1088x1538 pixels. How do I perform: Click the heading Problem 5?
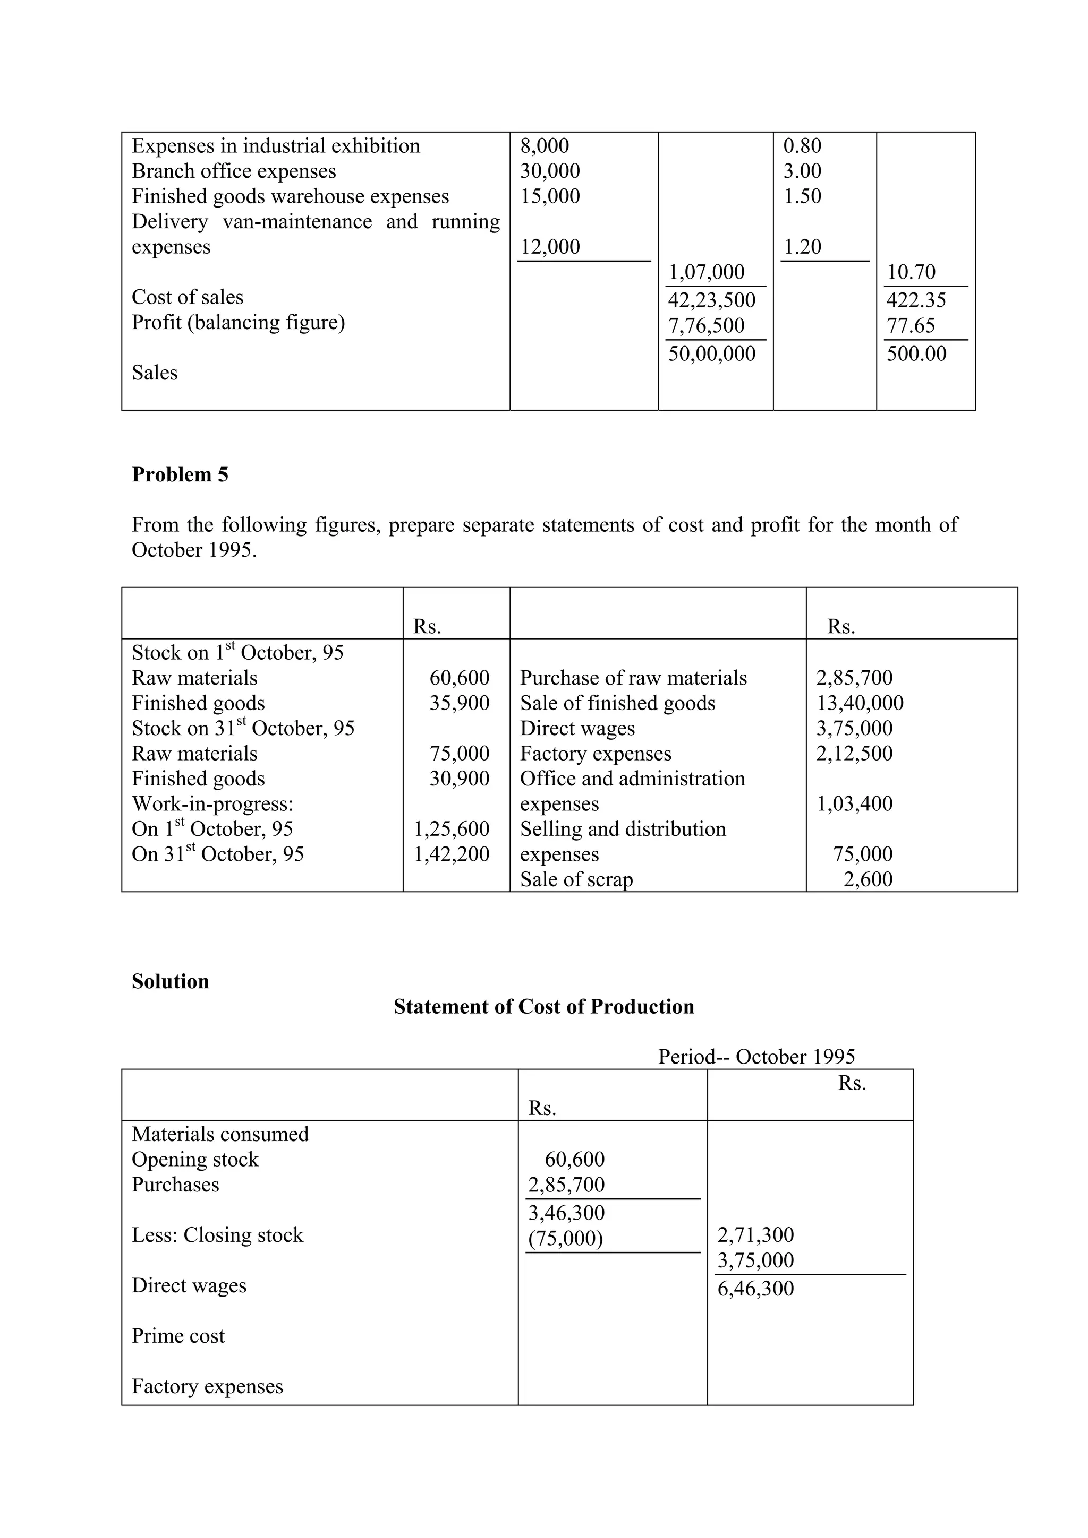[x=180, y=475]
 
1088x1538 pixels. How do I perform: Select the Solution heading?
[x=171, y=982]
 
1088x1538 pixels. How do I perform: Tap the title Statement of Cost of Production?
[x=543, y=1007]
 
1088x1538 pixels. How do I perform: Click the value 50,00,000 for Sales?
[x=711, y=353]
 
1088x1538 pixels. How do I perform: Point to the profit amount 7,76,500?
[x=707, y=325]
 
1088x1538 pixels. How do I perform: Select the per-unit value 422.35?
[x=916, y=300]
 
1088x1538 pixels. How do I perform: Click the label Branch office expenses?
[x=233, y=171]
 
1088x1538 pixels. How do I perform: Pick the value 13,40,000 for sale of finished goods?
[x=860, y=703]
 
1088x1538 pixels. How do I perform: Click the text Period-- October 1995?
[x=756, y=1057]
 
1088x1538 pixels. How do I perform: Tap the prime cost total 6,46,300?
[x=755, y=1289]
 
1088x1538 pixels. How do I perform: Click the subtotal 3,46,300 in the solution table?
[x=566, y=1213]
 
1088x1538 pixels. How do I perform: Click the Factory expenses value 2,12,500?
[x=854, y=754]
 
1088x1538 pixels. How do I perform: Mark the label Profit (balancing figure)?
[x=238, y=323]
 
